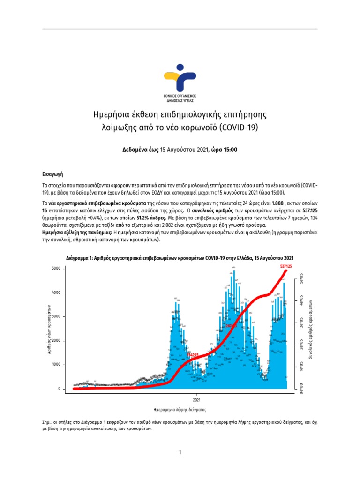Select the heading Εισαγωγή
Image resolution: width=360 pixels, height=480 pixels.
click(x=52, y=173)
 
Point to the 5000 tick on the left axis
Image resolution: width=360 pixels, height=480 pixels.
click(x=56, y=269)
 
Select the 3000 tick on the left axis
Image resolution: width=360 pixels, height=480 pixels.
click(x=56, y=317)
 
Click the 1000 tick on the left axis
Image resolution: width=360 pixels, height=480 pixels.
click(x=56, y=365)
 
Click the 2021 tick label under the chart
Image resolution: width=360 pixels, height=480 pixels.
click(x=197, y=400)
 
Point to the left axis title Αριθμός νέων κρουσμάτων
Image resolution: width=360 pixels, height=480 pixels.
click(x=49, y=328)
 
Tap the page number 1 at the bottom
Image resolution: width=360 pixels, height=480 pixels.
click(x=180, y=452)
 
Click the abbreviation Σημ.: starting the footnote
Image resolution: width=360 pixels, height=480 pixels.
click(x=47, y=422)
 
